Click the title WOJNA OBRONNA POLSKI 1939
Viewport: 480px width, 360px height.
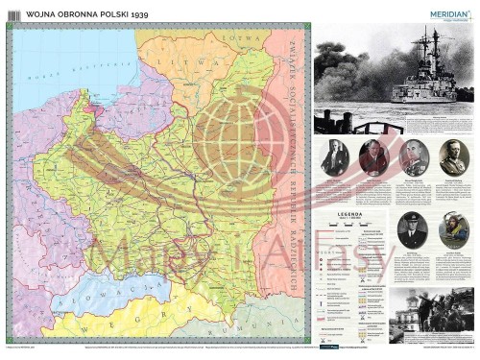[x=76, y=17]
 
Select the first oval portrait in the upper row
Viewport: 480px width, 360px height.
[x=335, y=156]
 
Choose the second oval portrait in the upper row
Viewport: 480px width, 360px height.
[x=373, y=156]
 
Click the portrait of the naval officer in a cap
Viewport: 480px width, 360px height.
[x=413, y=229]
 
